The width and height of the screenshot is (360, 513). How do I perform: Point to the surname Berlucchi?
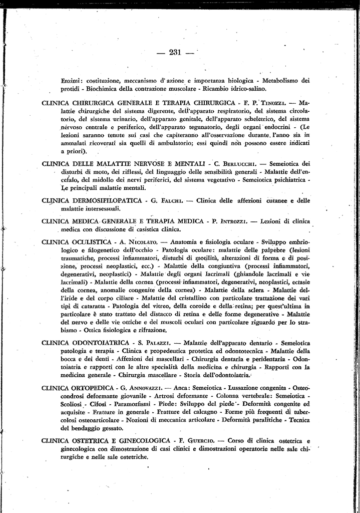tap(241, 163)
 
